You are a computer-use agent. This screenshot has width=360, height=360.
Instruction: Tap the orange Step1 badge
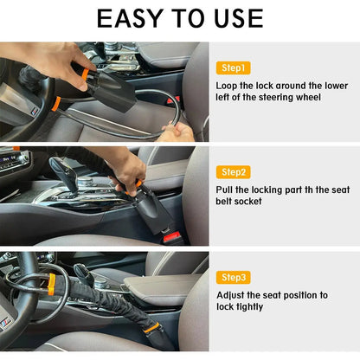233,67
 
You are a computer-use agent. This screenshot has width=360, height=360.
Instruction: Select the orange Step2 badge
233,172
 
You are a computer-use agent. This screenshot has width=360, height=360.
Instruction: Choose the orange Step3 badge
233,277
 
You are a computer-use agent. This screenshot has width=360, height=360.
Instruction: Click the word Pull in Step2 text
227,190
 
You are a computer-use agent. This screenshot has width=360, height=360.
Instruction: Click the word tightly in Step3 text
247,307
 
